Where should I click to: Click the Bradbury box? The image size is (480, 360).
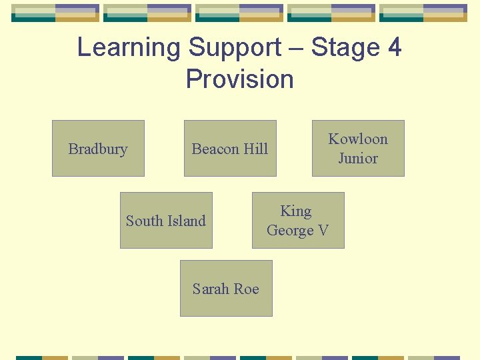point(98,148)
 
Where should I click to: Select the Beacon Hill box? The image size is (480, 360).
point(230,148)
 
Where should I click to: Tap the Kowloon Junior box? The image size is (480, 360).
point(358,148)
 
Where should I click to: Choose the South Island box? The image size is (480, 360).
point(166,220)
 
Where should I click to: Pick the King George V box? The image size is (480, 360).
point(298,220)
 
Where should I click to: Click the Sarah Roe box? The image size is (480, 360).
point(226,288)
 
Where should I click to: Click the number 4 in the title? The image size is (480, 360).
point(394,47)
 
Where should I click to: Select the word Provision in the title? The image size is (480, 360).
point(240,79)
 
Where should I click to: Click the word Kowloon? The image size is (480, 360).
point(358,139)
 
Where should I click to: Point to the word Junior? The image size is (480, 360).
point(358,158)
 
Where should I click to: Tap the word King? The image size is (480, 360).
point(296,211)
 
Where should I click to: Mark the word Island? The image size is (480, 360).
point(185,221)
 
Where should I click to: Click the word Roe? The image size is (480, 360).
point(245,289)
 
